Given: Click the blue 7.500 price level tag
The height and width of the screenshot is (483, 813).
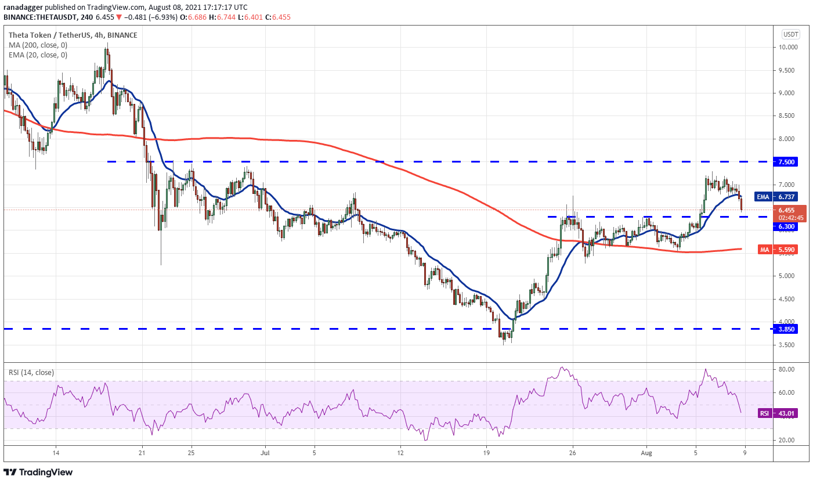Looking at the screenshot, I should coord(787,161).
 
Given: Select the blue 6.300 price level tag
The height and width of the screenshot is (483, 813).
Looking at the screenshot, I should coord(787,226).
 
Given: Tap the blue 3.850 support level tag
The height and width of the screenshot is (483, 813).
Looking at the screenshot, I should coord(787,329).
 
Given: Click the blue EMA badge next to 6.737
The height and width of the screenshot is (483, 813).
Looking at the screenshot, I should coord(763,196).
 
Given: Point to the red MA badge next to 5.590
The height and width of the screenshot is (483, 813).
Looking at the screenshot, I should coord(764,250).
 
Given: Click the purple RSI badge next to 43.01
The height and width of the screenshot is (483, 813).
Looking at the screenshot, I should coord(764,413).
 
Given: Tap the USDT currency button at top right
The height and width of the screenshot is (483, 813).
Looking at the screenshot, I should coord(790,34).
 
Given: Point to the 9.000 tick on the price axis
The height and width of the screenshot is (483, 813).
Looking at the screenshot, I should coord(788,93).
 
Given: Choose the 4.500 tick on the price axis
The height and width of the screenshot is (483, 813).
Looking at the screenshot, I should coord(788,299).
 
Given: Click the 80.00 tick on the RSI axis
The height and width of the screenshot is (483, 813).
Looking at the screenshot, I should coord(787,369).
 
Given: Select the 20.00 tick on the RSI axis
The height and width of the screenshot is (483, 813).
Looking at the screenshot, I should coord(787,440).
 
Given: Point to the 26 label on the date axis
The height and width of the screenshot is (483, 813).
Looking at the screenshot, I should coord(572,452).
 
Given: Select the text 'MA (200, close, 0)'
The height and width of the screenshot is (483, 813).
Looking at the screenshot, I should coord(38,45).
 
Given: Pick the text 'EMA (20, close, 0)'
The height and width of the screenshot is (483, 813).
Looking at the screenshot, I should coord(38,55).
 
